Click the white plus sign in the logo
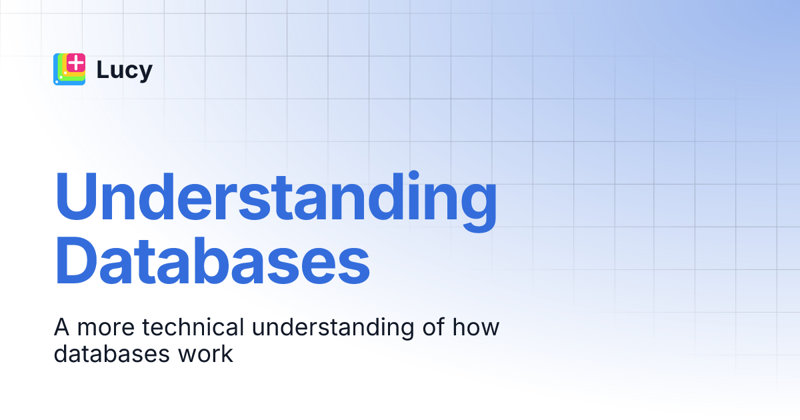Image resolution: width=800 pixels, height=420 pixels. click(77, 63)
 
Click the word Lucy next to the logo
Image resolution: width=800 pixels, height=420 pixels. click(124, 69)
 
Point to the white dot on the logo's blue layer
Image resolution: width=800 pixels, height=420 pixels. click(57, 81)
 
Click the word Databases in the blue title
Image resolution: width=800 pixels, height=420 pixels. click(211, 265)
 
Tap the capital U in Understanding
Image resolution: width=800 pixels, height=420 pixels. click(75, 198)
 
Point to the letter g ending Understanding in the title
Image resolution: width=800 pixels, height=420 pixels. click(475, 207)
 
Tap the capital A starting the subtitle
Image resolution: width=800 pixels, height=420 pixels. click(62, 327)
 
